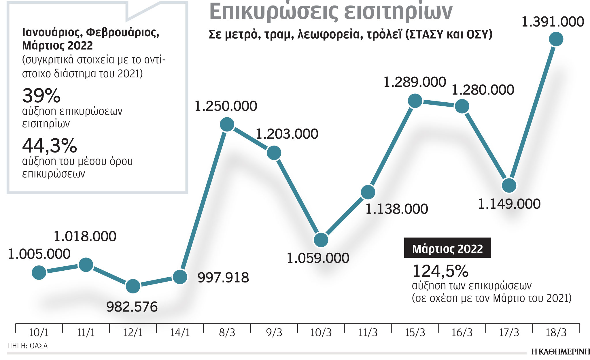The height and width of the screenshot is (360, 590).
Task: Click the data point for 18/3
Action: pyautogui.click(x=556, y=39)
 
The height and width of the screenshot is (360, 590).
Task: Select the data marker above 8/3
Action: pyautogui.click(x=227, y=125)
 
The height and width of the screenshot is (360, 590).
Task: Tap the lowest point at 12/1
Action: pyautogui.click(x=133, y=286)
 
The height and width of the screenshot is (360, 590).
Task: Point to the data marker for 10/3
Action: pyautogui.click(x=321, y=240)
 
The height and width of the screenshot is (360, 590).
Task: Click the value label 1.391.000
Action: pyautogui.click(x=553, y=22)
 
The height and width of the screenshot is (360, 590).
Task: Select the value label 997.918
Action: pyautogui.click(x=223, y=278)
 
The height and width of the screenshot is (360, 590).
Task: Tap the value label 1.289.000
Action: pyautogui.click(x=415, y=82)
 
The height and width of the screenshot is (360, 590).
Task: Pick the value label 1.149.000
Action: pyautogui.click(x=509, y=204)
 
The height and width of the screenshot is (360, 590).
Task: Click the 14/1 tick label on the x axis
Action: pyautogui.click(x=180, y=333)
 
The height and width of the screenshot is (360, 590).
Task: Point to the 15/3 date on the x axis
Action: pyautogui.click(x=415, y=333)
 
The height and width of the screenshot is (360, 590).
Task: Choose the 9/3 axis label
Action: pyautogui.click(x=274, y=333)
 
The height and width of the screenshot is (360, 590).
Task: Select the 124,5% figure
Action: pyautogui.click(x=440, y=271)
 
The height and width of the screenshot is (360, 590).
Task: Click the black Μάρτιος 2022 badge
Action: pyautogui.click(x=447, y=248)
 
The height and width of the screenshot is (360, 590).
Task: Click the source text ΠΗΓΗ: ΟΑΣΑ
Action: pyautogui.click(x=27, y=346)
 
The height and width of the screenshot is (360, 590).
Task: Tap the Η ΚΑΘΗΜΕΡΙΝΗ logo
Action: pyautogui.click(x=560, y=352)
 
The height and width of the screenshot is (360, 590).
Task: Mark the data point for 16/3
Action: pyautogui.click(x=462, y=106)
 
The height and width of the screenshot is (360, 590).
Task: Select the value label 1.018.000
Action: pyautogui.click(x=85, y=236)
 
